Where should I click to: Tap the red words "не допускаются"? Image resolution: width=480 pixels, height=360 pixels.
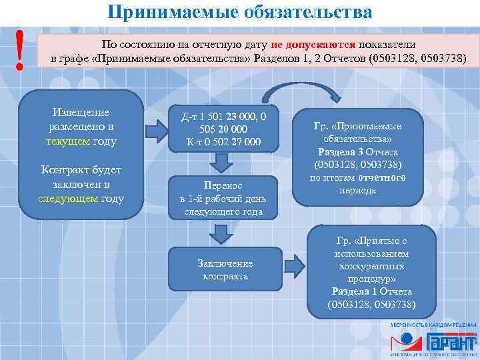pos(313,44)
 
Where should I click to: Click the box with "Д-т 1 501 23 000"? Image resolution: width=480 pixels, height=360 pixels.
pos(223,129)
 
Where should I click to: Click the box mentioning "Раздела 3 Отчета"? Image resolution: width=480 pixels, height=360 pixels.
pos(358,157)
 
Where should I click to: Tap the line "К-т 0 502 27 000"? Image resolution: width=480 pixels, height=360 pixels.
pos(224,141)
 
